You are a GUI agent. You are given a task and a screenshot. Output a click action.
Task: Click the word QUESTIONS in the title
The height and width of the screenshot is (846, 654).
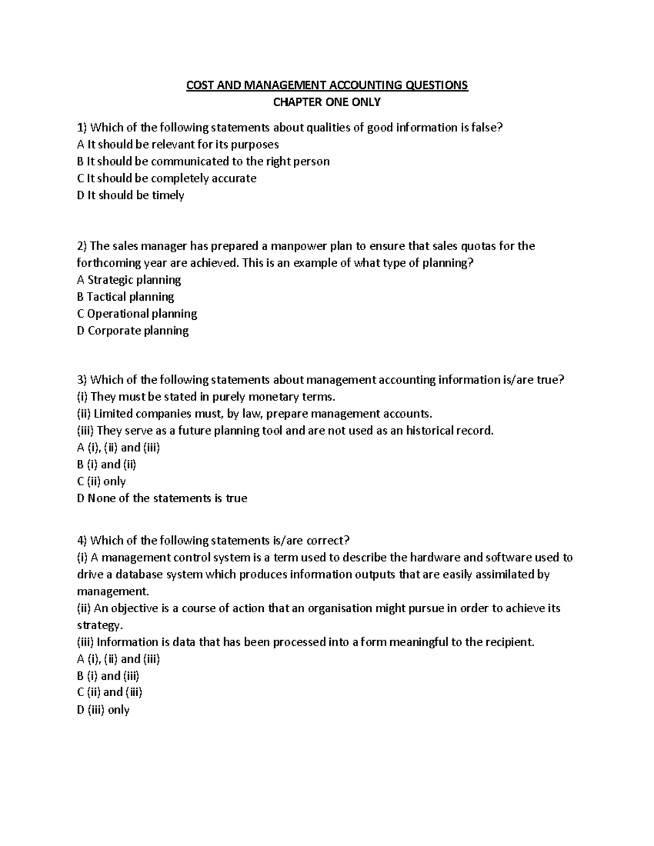pos(435,85)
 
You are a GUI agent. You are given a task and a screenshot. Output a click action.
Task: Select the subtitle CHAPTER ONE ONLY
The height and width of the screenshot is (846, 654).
pos(327,102)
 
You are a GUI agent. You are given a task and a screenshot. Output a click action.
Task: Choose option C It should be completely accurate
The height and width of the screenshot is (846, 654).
pos(167,178)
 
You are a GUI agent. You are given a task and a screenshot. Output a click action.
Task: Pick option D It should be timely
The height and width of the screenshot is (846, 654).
pos(131,195)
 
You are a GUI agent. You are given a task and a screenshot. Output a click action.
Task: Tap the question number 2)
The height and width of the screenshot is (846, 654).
pos(82,246)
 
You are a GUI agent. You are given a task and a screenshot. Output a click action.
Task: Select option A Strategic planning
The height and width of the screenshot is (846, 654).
pos(129,279)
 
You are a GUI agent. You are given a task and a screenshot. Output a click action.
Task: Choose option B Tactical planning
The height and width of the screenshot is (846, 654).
pos(126,296)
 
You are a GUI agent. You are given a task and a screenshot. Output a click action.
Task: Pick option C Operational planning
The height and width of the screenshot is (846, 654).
pos(137,313)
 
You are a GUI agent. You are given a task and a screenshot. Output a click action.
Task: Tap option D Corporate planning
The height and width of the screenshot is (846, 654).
pos(133,330)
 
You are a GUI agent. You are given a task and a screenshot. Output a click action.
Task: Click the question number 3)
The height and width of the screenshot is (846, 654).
pos(82,380)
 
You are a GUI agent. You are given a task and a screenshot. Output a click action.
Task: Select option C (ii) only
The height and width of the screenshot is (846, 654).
pos(101,481)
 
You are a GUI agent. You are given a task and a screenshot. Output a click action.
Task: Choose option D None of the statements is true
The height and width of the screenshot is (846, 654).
pos(162,498)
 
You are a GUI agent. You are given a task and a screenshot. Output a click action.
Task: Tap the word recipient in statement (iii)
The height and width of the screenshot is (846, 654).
pos(507,642)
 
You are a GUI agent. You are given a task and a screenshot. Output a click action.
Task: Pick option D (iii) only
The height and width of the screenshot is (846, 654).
pos(104,709)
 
